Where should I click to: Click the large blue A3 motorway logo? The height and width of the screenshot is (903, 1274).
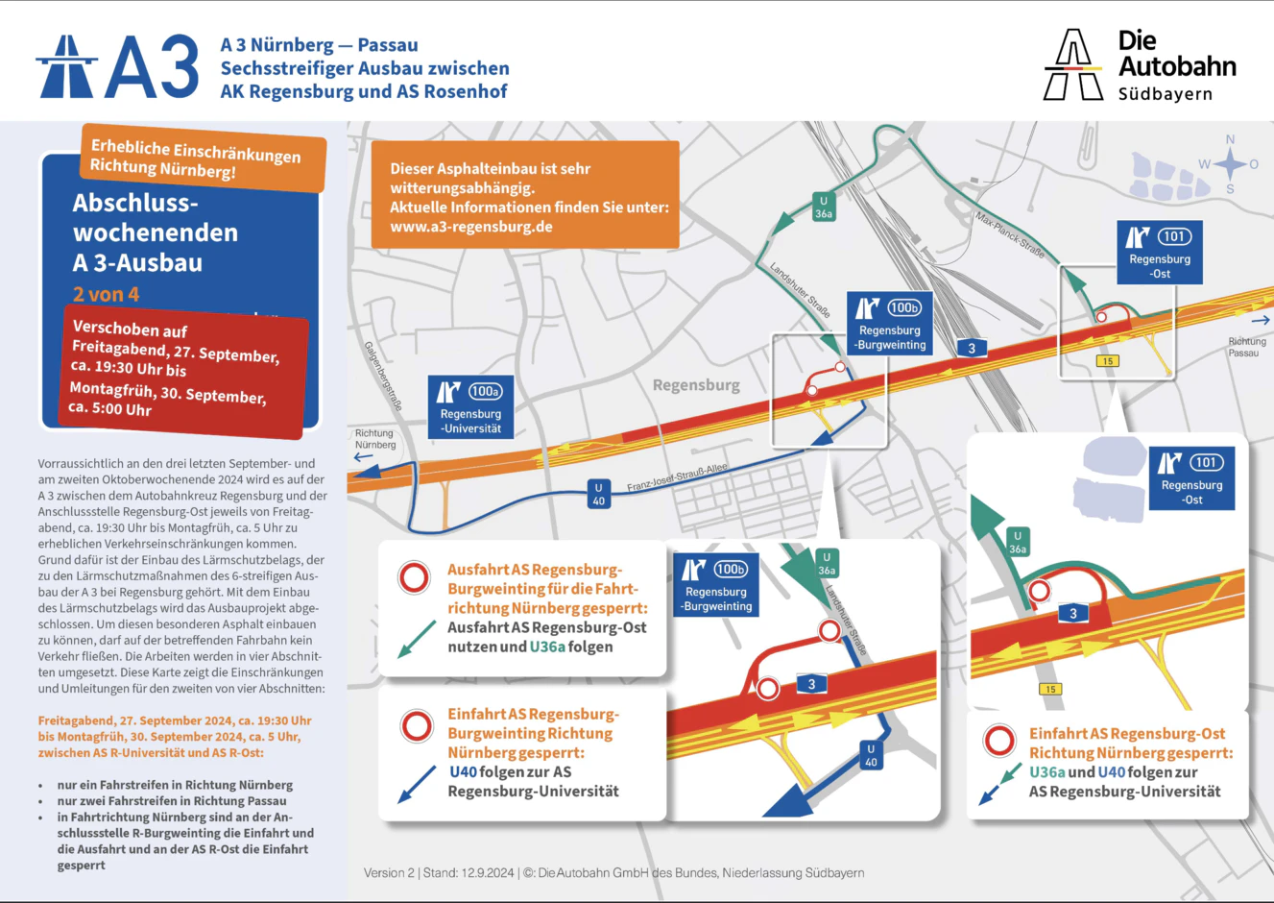117,67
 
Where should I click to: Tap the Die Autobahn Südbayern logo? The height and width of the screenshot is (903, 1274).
1140,65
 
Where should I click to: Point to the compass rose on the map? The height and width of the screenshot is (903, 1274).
1229,164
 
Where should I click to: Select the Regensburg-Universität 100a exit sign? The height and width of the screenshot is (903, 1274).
470,405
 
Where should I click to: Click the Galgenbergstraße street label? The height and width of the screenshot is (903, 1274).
382,376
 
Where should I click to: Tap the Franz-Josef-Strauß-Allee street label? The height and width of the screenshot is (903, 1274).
677,477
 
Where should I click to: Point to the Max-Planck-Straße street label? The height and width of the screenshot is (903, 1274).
1009,234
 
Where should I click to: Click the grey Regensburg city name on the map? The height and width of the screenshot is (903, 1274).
696,385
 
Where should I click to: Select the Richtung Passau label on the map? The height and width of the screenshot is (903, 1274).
1246,347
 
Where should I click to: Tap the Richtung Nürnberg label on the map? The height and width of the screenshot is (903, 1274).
374,439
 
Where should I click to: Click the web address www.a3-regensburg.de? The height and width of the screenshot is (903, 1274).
470,228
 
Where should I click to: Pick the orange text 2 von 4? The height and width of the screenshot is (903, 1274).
106,295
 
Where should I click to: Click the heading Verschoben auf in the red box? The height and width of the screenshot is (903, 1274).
130,329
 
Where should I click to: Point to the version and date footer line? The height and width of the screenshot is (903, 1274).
613,873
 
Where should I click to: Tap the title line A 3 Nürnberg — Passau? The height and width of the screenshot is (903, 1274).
319,45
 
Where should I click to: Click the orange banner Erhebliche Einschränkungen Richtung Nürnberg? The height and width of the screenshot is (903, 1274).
203,159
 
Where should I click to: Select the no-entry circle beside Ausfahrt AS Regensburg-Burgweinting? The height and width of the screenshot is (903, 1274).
415,577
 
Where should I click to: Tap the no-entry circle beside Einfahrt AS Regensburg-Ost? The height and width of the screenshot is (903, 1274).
999,741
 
